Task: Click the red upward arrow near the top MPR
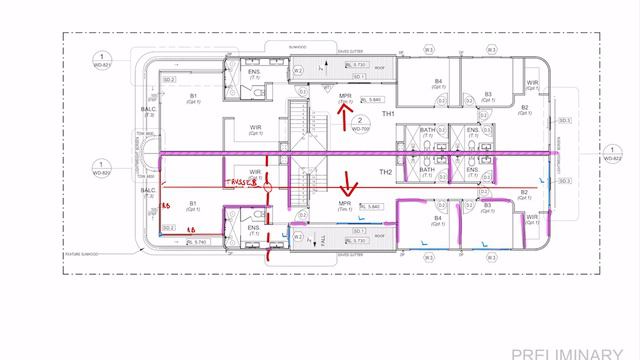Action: [346, 119]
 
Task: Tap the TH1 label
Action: [388, 115]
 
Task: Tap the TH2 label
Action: [357, 172]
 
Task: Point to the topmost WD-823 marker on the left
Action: [100, 59]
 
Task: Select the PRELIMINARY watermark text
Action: [575, 352]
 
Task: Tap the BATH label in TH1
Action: [427, 131]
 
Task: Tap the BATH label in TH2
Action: [427, 171]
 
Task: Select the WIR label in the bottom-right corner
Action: [531, 216]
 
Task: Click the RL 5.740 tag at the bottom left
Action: [197, 242]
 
